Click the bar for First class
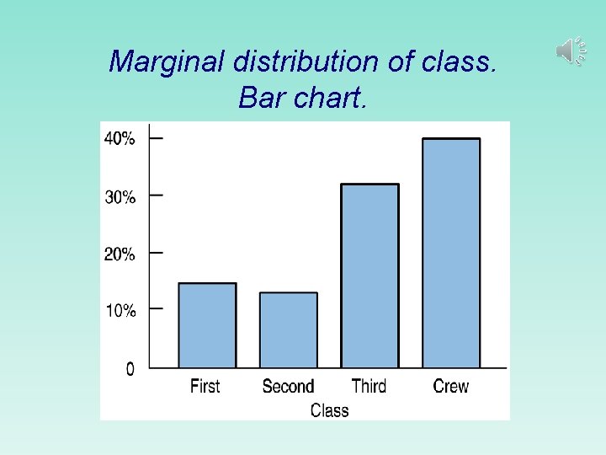pos(207,325)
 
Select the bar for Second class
pos(289,329)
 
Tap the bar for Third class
pos(369,276)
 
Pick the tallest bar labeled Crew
pos(451,253)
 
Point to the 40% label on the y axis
pos(119,139)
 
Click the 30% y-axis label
pos(119,197)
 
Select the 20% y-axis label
pos(119,254)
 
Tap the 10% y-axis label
pos(119,311)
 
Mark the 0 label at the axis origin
pos(130,369)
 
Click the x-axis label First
pos(205,387)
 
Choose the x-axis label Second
pos(288,387)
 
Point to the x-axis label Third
pos(369,387)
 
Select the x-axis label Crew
pos(451,387)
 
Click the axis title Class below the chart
pos(329,410)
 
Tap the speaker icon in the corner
pos(570,51)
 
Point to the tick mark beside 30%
pos(157,195)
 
